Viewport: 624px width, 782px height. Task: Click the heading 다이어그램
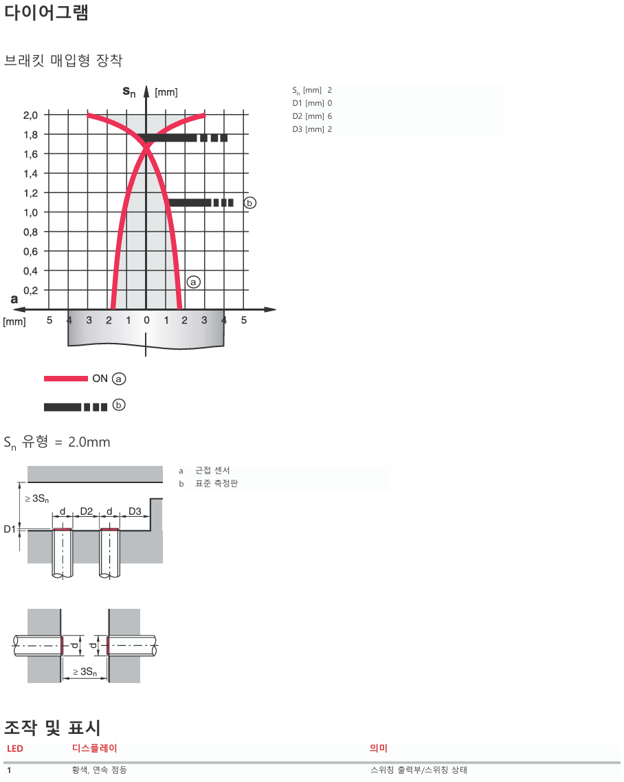point(47,12)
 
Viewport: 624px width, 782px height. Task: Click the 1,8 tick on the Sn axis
point(30,135)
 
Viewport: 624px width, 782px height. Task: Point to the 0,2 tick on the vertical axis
point(30,290)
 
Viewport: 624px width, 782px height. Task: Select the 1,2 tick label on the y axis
point(30,193)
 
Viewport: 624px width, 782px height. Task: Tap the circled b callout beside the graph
point(250,203)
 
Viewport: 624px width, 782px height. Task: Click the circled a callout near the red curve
point(194,282)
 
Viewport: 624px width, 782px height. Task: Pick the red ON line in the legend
point(66,379)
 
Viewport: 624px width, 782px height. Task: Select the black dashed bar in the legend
point(76,407)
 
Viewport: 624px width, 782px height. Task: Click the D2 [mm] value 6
point(330,116)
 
